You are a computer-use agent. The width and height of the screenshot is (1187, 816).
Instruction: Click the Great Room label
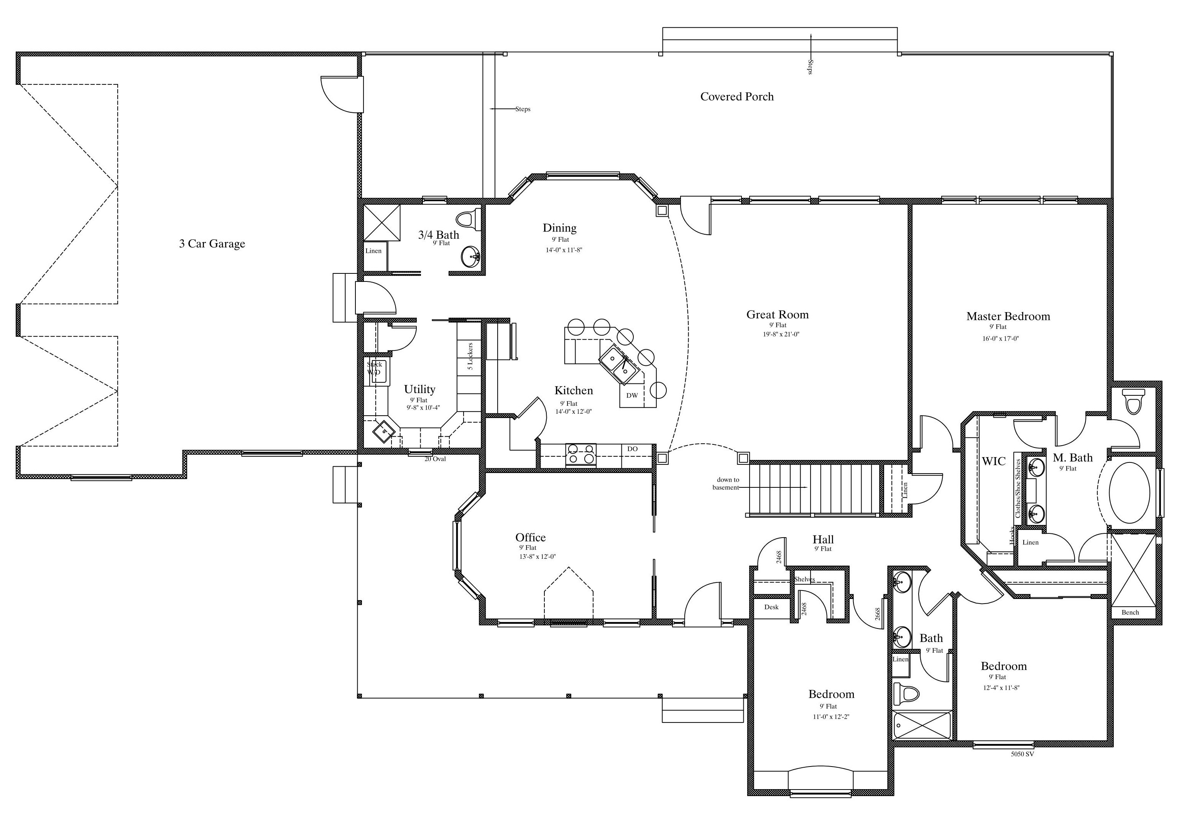777,314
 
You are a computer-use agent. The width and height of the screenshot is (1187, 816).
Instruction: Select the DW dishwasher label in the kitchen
632,395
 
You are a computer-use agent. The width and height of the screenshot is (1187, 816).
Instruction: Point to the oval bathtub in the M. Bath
1129,492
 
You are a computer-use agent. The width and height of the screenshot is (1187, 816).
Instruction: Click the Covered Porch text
737,97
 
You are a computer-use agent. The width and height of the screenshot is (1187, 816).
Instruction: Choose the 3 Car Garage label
212,244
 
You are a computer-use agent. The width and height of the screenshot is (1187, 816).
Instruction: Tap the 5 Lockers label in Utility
470,356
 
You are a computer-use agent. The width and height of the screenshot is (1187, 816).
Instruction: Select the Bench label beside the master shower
1130,612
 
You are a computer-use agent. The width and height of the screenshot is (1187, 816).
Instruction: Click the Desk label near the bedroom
771,607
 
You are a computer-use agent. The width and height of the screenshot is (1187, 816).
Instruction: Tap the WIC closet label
993,461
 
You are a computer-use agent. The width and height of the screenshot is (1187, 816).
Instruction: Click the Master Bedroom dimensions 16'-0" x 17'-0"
1000,338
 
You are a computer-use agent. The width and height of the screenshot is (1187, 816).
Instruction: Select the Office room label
530,537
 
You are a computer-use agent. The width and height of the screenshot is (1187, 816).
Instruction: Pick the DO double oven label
632,449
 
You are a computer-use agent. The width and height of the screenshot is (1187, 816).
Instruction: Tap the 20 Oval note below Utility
435,459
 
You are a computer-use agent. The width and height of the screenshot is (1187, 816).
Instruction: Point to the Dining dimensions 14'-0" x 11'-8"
564,250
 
